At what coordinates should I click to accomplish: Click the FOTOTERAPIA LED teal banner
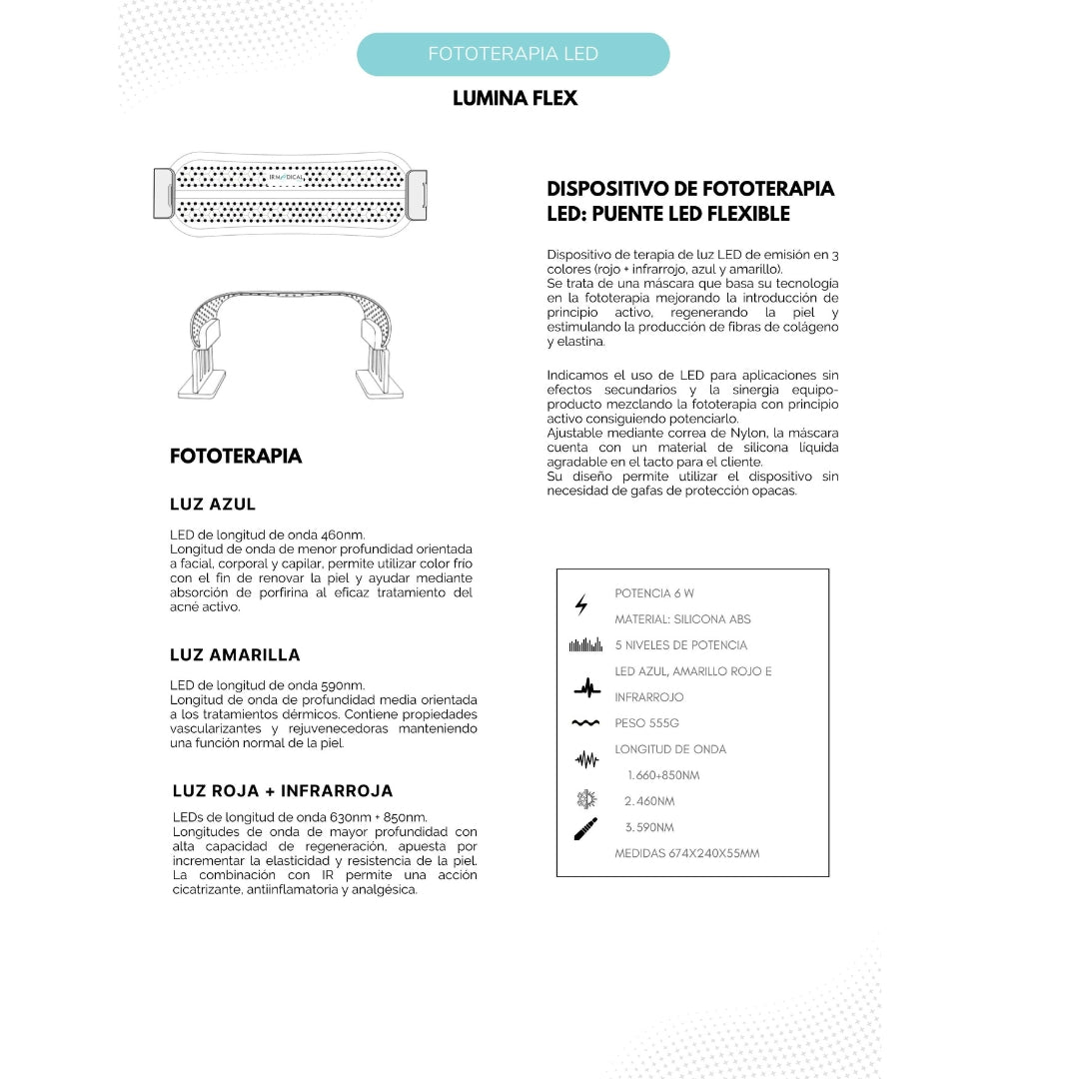click(513, 54)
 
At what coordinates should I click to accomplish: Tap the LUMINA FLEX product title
click(515, 98)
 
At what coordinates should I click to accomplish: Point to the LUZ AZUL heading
click(213, 505)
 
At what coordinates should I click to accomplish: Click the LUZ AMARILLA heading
click(235, 655)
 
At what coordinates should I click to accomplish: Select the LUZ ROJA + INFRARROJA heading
click(283, 791)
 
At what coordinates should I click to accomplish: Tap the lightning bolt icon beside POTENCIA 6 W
click(581, 604)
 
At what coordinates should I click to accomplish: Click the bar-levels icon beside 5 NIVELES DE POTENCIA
click(585, 645)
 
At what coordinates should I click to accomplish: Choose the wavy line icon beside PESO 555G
click(585, 723)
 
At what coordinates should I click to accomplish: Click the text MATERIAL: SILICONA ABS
click(682, 619)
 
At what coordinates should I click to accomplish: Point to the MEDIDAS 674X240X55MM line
click(686, 853)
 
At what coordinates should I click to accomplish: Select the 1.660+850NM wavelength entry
click(663, 775)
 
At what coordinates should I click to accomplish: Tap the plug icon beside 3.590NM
click(585, 828)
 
